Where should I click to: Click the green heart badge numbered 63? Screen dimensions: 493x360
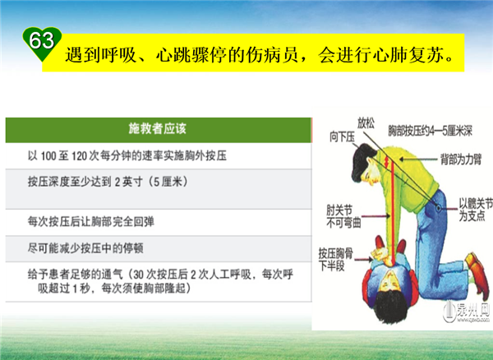click(x=42, y=44)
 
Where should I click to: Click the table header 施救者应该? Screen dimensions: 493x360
click(x=158, y=129)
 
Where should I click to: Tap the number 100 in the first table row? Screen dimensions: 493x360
click(x=48, y=156)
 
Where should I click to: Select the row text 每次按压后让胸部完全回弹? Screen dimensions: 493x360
click(x=91, y=222)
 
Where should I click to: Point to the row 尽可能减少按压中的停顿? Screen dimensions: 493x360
click(x=85, y=248)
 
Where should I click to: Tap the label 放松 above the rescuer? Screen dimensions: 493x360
click(x=366, y=123)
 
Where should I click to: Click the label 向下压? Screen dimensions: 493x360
click(x=342, y=137)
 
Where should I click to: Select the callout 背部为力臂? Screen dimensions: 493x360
click(x=461, y=159)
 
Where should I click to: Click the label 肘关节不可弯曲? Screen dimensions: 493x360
click(x=343, y=217)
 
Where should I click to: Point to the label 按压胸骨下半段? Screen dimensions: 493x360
click(x=336, y=260)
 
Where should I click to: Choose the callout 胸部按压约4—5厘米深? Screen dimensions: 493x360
click(x=430, y=132)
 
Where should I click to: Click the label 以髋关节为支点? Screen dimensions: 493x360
click(x=476, y=210)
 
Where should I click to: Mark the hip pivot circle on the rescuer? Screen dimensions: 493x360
click(x=438, y=207)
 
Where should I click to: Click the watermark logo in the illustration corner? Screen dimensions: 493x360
click(x=466, y=312)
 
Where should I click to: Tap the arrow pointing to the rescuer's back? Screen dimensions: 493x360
click(x=419, y=159)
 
